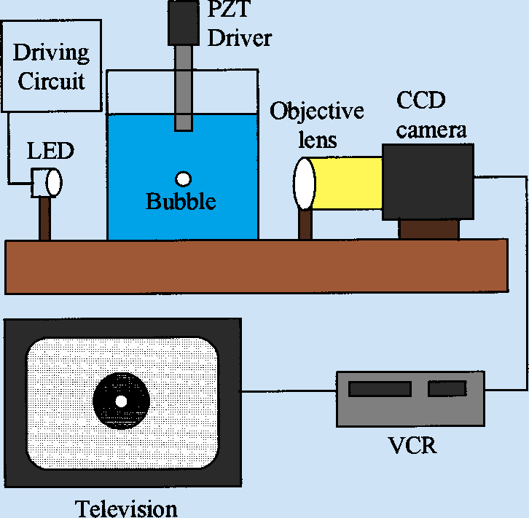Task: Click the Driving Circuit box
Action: [52, 66]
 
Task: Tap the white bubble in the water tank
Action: [182, 178]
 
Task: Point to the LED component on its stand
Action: [47, 182]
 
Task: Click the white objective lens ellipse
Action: [304, 183]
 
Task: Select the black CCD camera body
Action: [428, 181]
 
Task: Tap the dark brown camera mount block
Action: [428, 229]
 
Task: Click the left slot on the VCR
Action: [378, 389]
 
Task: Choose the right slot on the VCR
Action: [447, 389]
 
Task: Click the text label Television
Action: [126, 508]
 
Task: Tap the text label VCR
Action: [413, 444]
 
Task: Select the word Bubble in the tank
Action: [181, 201]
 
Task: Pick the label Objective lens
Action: [316, 124]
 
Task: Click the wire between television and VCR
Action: [288, 391]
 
